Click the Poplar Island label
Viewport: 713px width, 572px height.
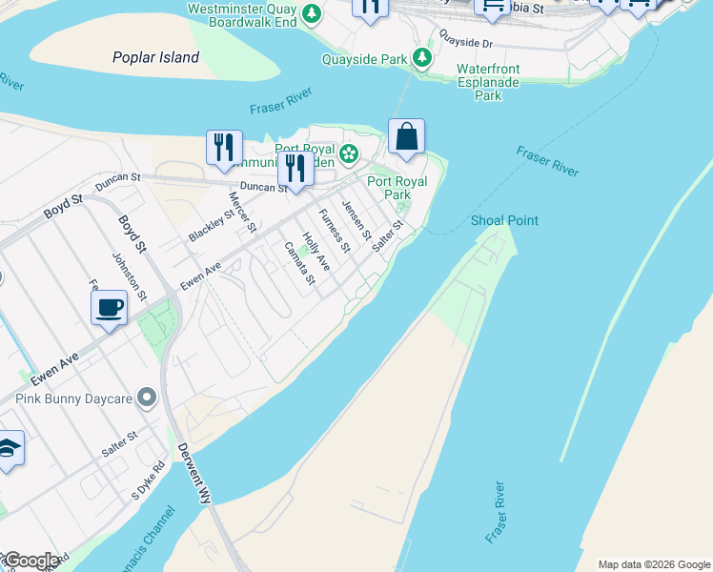pyautogui.click(x=155, y=57)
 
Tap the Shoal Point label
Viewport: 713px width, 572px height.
pyautogui.click(x=504, y=220)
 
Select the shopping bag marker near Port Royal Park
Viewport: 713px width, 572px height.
pyautogui.click(x=406, y=137)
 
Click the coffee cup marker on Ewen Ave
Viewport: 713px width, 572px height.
pyautogui.click(x=109, y=308)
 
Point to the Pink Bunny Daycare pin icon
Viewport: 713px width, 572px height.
pyautogui.click(x=147, y=396)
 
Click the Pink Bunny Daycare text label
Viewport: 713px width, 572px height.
pyautogui.click(x=73, y=396)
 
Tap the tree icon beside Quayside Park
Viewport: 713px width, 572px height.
pyautogui.click(x=422, y=58)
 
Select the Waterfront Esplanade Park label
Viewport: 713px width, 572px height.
pyautogui.click(x=488, y=82)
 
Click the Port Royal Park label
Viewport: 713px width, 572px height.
pyautogui.click(x=397, y=188)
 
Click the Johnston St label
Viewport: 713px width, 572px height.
pyautogui.click(x=120, y=272)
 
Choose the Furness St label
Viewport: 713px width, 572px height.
pyautogui.click(x=334, y=229)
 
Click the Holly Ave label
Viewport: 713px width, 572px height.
pyautogui.click(x=315, y=252)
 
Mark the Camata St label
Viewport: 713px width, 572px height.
pyautogui.click(x=299, y=262)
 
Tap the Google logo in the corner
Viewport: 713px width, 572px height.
pyautogui.click(x=31, y=561)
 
